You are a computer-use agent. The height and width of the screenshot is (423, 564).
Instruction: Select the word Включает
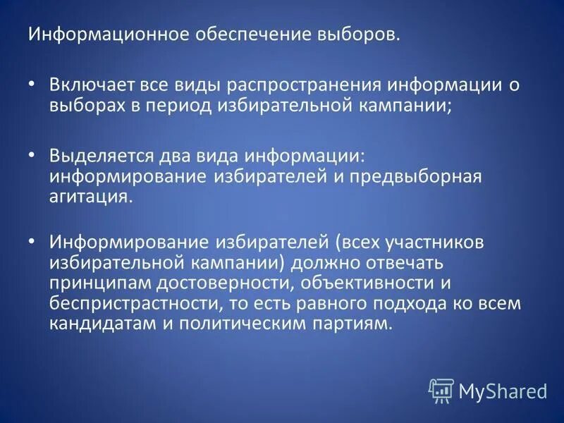point(90,85)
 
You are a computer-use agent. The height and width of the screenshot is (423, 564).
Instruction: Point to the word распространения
point(301,85)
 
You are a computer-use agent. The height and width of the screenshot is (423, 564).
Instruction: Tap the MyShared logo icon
point(441,388)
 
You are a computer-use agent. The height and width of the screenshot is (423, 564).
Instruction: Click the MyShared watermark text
point(503,390)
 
